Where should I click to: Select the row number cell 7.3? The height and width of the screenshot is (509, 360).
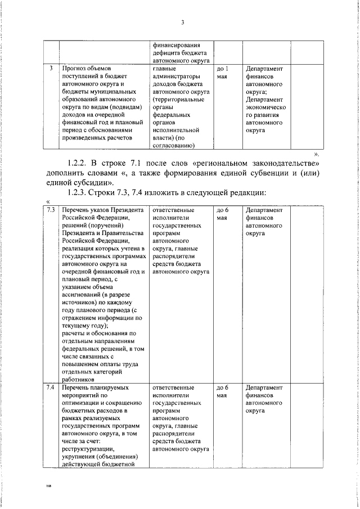tap(50, 210)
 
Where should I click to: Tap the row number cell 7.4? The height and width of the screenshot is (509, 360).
tap(50, 388)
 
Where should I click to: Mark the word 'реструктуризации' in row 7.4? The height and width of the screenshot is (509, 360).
tap(88, 449)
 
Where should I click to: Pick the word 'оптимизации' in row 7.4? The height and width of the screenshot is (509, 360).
tap(83, 403)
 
